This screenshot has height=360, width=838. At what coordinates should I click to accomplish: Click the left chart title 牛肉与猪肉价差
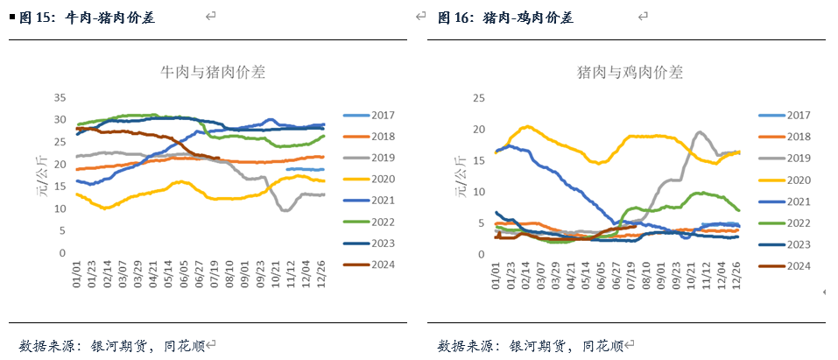tap(213, 73)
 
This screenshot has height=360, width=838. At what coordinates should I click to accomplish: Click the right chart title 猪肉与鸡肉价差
tap(630, 73)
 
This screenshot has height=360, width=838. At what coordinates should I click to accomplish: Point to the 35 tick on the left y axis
tap(60, 97)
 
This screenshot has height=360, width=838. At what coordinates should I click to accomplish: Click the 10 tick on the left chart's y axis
tap(60, 208)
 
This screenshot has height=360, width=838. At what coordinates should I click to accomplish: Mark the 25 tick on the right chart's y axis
tap(479, 97)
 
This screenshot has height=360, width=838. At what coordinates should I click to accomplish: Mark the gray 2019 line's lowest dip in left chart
tap(285, 210)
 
